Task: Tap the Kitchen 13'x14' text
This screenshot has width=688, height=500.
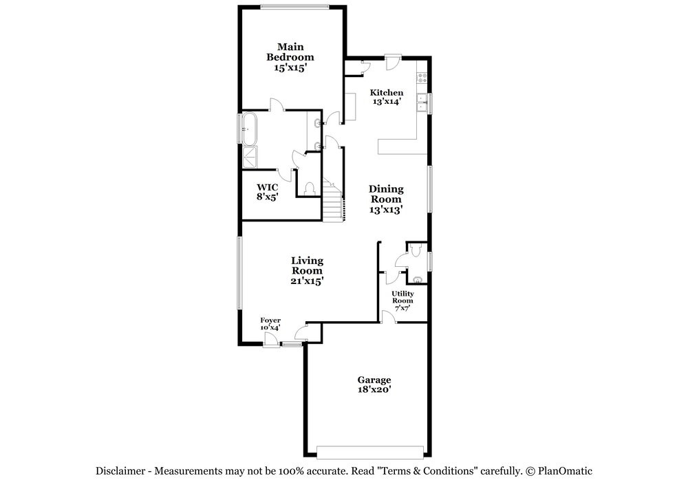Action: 387,97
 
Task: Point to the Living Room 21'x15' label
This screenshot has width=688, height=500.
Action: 307,270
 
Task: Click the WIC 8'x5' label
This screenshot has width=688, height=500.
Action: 267,191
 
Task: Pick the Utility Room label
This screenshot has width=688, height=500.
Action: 402,301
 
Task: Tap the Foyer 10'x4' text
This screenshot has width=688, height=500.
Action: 270,324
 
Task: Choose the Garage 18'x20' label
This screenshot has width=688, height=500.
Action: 374,384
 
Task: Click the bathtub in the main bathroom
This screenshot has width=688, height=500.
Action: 249,129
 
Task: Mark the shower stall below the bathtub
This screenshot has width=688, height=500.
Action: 248,157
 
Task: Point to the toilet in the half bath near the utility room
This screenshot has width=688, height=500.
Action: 418,251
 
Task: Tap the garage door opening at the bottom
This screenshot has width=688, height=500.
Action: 370,452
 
